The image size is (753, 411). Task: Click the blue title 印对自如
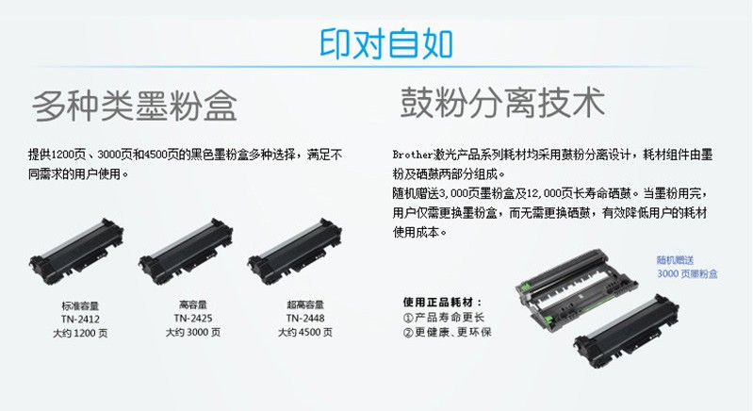tap(386, 44)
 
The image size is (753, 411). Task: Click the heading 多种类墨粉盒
tap(135, 106)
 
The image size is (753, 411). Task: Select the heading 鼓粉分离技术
tap(503, 102)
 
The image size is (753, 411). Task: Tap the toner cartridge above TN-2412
tap(76, 251)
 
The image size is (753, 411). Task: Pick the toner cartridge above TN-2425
tap(186, 251)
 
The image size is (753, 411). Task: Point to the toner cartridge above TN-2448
tap(295, 251)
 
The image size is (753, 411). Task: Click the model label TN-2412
tap(80, 320)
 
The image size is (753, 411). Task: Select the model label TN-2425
tap(193, 319)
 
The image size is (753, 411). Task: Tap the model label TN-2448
tap(305, 319)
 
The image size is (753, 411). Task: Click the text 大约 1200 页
tap(80, 333)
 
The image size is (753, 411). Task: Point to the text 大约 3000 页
tap(193, 332)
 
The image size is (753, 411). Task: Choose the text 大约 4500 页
tap(305, 332)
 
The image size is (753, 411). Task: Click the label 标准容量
tap(80, 305)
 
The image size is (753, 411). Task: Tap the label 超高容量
tap(305, 304)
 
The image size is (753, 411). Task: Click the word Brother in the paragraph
tap(413, 156)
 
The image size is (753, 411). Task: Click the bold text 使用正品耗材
tap(438, 302)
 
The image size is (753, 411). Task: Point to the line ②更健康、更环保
tap(447, 332)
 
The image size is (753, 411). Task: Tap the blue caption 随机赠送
tap(675, 260)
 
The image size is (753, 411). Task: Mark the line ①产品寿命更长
tap(444, 318)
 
